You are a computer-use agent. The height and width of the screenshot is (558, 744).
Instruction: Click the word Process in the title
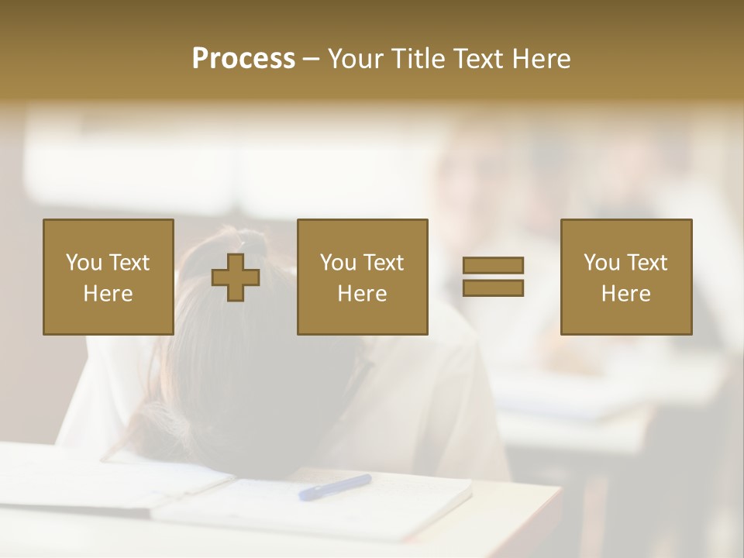[x=243, y=59]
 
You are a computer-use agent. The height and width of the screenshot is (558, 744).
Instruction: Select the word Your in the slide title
[x=356, y=59]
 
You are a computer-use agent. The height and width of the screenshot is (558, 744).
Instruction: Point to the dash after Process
[x=312, y=60]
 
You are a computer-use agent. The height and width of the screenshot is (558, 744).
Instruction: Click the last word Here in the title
[x=540, y=59]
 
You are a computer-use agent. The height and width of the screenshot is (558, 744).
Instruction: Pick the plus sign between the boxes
[x=236, y=277]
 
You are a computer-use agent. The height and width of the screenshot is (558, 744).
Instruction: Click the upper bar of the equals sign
[x=493, y=266]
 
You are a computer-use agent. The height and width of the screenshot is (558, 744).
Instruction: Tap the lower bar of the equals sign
[x=493, y=288]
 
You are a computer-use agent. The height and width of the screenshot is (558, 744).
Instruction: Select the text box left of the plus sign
[x=108, y=277]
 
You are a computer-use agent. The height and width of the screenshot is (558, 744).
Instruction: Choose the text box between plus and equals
[x=362, y=277]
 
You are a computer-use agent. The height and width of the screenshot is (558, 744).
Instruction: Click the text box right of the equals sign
[x=626, y=277]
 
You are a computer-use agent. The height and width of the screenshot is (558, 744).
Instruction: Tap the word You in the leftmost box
[x=83, y=263]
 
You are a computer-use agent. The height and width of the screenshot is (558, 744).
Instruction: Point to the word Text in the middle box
[x=383, y=263]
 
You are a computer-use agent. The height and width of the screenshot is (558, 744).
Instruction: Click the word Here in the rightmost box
[x=626, y=294]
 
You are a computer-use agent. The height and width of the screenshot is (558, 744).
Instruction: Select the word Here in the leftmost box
[x=108, y=294]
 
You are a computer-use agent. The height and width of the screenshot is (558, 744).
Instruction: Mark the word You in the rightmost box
[x=601, y=263]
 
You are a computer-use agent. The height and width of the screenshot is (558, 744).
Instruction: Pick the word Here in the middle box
[x=362, y=294]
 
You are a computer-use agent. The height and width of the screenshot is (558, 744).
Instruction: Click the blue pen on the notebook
[x=335, y=487]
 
